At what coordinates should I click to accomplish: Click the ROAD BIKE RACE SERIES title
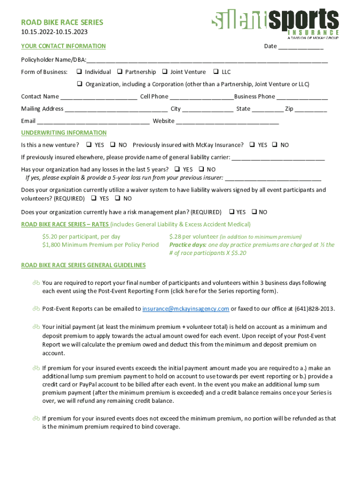pos(62,22)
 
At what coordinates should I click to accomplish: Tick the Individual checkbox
pos(79,72)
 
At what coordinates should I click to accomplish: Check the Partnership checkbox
pos(120,72)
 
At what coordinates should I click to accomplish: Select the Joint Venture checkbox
pos(165,72)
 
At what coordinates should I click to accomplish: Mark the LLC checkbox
pos(216,72)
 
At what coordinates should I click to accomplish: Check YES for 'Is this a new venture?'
pos(89,145)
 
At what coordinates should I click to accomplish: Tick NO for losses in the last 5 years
pos(201,169)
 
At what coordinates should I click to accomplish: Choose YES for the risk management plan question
pos(231,212)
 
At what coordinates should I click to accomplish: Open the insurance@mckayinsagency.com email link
pos(186,309)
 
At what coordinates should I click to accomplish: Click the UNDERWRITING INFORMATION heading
pos(64,133)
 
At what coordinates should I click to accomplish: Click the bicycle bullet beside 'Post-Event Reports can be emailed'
pos(36,309)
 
